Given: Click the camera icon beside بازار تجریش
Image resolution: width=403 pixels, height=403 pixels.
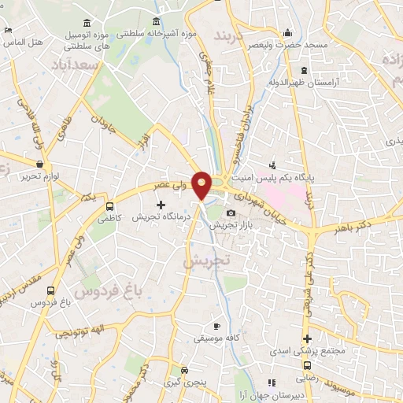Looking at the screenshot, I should [231, 213].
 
